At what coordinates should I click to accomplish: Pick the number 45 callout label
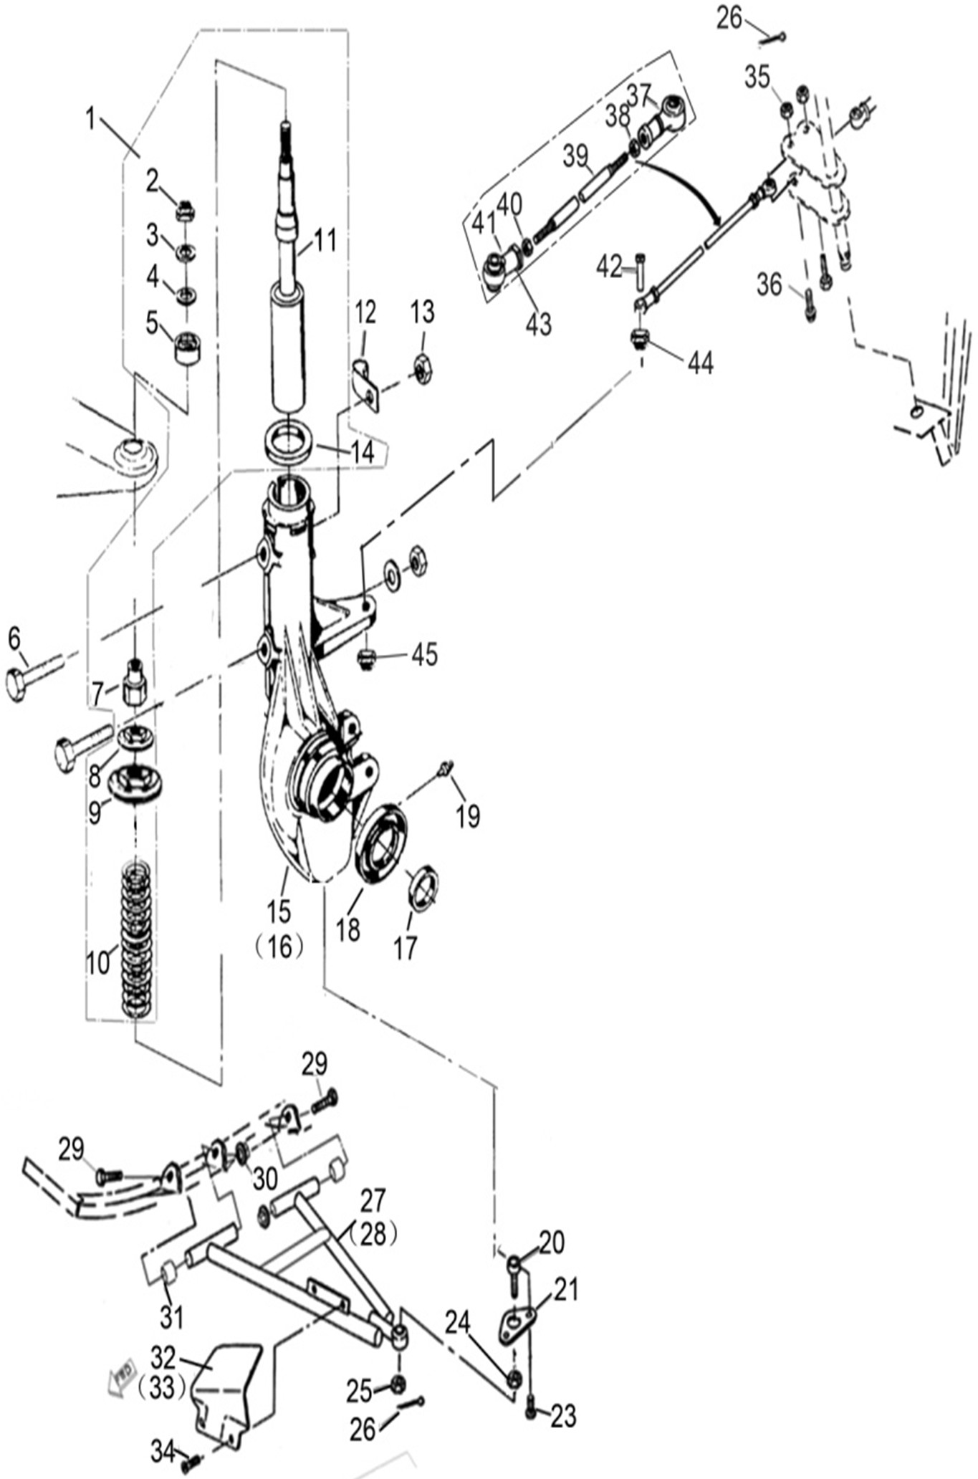(424, 654)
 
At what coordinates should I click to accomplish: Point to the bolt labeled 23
(531, 1408)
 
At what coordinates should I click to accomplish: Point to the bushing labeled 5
(188, 348)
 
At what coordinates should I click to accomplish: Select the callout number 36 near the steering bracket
(769, 285)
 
